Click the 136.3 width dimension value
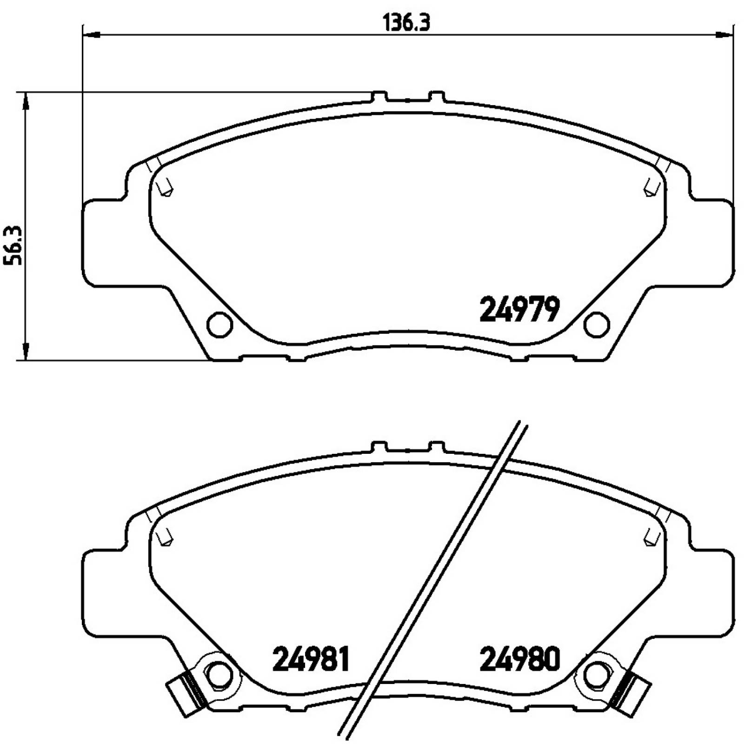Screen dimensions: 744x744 pos(406,22)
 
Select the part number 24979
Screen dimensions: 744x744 pos(519,310)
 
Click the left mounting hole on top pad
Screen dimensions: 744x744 pos(219,324)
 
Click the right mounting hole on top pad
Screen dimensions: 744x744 pos(597,324)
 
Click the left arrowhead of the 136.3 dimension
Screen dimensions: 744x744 pos(90,34)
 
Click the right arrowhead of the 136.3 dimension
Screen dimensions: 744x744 pos(724,34)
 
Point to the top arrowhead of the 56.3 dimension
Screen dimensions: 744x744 pos(26,100)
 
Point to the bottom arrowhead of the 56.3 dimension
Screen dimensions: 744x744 pos(26,352)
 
